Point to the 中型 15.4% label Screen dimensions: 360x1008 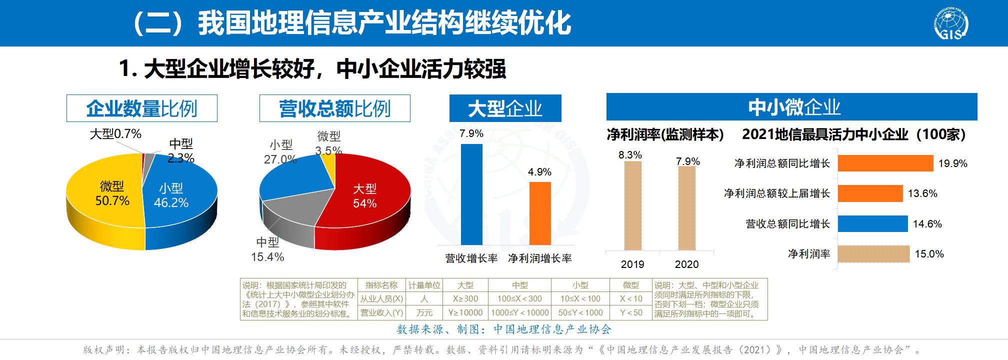[267, 249]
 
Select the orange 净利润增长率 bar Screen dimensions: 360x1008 [540, 213]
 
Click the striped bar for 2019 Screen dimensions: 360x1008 [632, 205]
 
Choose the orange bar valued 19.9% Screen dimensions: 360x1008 [885, 163]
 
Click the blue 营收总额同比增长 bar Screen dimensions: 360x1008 [872, 224]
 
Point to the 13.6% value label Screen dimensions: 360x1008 [922, 193]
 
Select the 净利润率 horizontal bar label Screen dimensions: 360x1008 [809, 254]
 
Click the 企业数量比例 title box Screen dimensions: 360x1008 [142, 108]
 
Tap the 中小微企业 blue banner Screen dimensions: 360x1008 [791, 107]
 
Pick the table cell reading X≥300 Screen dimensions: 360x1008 [465, 298]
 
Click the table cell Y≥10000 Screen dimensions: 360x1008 [465, 312]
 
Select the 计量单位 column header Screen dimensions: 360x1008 [424, 285]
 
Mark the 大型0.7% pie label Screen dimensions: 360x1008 [115, 134]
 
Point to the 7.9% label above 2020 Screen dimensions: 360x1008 [688, 161]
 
